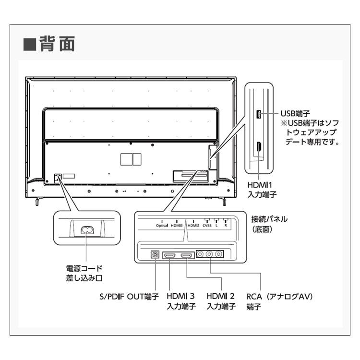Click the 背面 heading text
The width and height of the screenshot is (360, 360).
pyautogui.click(x=57, y=44)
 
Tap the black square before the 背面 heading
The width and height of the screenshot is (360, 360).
pyautogui.click(x=30, y=44)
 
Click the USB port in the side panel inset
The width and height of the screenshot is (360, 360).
pyautogui.click(x=258, y=114)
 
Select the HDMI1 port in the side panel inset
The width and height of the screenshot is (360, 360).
pyautogui.click(x=259, y=147)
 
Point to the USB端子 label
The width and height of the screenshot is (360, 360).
pyautogui.click(x=295, y=113)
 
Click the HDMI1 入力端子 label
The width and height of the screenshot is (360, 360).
pyautogui.click(x=262, y=190)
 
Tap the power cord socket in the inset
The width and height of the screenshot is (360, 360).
pyautogui.click(x=87, y=230)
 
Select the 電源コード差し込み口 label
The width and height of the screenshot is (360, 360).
pyautogui.click(x=84, y=273)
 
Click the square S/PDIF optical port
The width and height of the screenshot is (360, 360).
pyautogui.click(x=155, y=254)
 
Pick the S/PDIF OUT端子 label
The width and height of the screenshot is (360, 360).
pyautogui.click(x=129, y=297)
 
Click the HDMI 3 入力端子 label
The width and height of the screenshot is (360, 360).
pyautogui.click(x=181, y=301)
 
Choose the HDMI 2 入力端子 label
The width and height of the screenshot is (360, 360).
pyautogui.click(x=221, y=301)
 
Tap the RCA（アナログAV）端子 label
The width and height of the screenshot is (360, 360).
pyautogui.click(x=280, y=301)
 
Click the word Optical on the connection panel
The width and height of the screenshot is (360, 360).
pyautogui.click(x=162, y=226)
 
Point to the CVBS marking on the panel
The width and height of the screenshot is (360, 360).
pyautogui.click(x=207, y=226)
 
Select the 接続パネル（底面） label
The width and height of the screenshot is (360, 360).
pyautogui.click(x=269, y=224)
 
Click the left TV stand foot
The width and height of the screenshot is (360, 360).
pyautogui.click(x=37, y=201)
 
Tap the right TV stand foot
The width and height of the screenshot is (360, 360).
pyautogui.click(x=223, y=201)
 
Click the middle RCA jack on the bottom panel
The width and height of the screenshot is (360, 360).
pyautogui.click(x=209, y=254)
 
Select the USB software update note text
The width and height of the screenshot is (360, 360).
pyautogui.click(x=310, y=132)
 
